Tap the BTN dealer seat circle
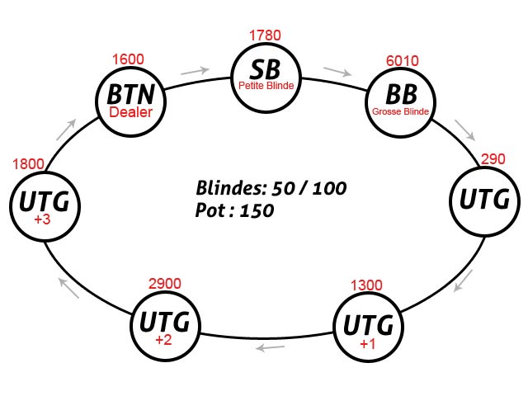(x=131, y=100)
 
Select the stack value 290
(x=493, y=158)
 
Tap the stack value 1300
(x=366, y=285)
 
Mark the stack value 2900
(x=164, y=284)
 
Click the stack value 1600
(x=128, y=59)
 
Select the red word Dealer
(x=131, y=112)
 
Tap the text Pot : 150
(x=235, y=210)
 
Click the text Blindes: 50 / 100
(x=271, y=187)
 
